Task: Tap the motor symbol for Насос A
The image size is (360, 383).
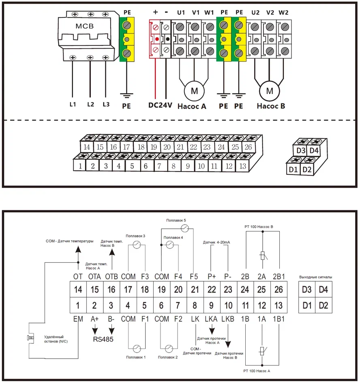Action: [x=194, y=91]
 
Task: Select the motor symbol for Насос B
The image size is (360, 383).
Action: [x=270, y=91]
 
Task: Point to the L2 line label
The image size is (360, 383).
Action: [x=90, y=104]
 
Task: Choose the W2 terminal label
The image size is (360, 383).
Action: [x=283, y=13]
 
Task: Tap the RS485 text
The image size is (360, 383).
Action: [x=103, y=339]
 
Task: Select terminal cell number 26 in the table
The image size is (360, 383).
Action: [x=279, y=290]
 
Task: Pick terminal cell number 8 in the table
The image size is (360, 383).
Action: [x=195, y=305]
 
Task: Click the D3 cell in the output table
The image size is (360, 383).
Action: [x=307, y=290]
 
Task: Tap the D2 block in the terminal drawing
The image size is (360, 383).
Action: [x=307, y=169]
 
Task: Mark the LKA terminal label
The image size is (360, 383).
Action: [x=211, y=319]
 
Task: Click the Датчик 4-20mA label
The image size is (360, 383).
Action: [x=216, y=242]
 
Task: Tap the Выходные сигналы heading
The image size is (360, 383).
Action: [x=315, y=277]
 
